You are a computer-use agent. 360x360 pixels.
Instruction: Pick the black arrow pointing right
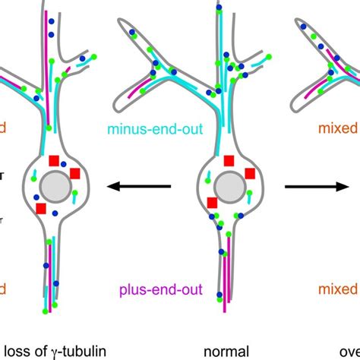click(x=311, y=185)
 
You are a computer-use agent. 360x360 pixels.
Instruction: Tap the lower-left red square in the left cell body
click(x=41, y=207)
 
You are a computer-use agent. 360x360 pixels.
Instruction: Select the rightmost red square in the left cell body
click(x=75, y=174)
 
